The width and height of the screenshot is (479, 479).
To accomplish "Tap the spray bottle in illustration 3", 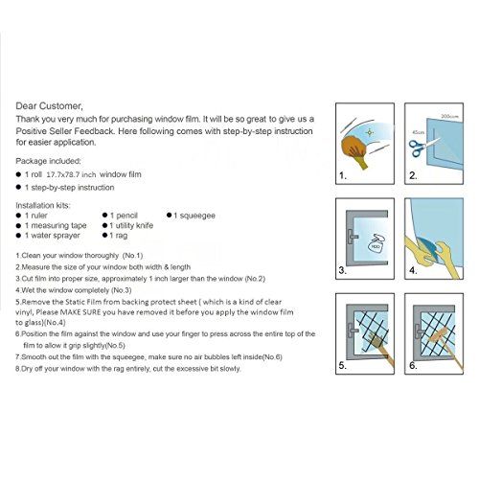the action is coord(376,242).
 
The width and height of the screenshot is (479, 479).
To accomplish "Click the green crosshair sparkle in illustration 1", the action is coord(370,132).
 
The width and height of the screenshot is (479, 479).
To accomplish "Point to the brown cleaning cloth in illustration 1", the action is coord(354,148).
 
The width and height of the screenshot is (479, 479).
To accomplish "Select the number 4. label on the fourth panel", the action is coord(413,270).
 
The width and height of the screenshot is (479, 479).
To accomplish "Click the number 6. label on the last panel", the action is coord(413,365).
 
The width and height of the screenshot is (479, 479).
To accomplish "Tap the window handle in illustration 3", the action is coord(353,237).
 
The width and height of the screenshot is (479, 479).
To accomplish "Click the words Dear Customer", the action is coord(49,106).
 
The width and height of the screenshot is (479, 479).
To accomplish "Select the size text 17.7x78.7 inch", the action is coord(71,174).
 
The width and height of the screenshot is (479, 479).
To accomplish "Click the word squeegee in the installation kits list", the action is coord(197,216).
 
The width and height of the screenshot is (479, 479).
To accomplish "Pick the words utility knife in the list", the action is coord(134,225).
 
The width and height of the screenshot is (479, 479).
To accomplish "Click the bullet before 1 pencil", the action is coord(104,216).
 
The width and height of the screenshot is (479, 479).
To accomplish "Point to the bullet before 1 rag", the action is coord(104,236).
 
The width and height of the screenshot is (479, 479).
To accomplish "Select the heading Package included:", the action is coord(48,161).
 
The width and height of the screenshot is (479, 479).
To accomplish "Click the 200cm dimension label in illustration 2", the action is coord(449,116).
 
